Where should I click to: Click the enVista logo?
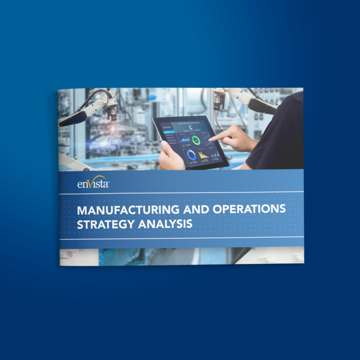(93, 183)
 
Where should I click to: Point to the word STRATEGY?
(105, 224)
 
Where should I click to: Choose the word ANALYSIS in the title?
(165, 224)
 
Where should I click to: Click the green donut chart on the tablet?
(197, 140)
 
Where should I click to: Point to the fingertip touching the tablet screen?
(211, 138)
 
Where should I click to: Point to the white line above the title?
(181, 193)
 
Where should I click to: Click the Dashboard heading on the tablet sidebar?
(167, 127)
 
